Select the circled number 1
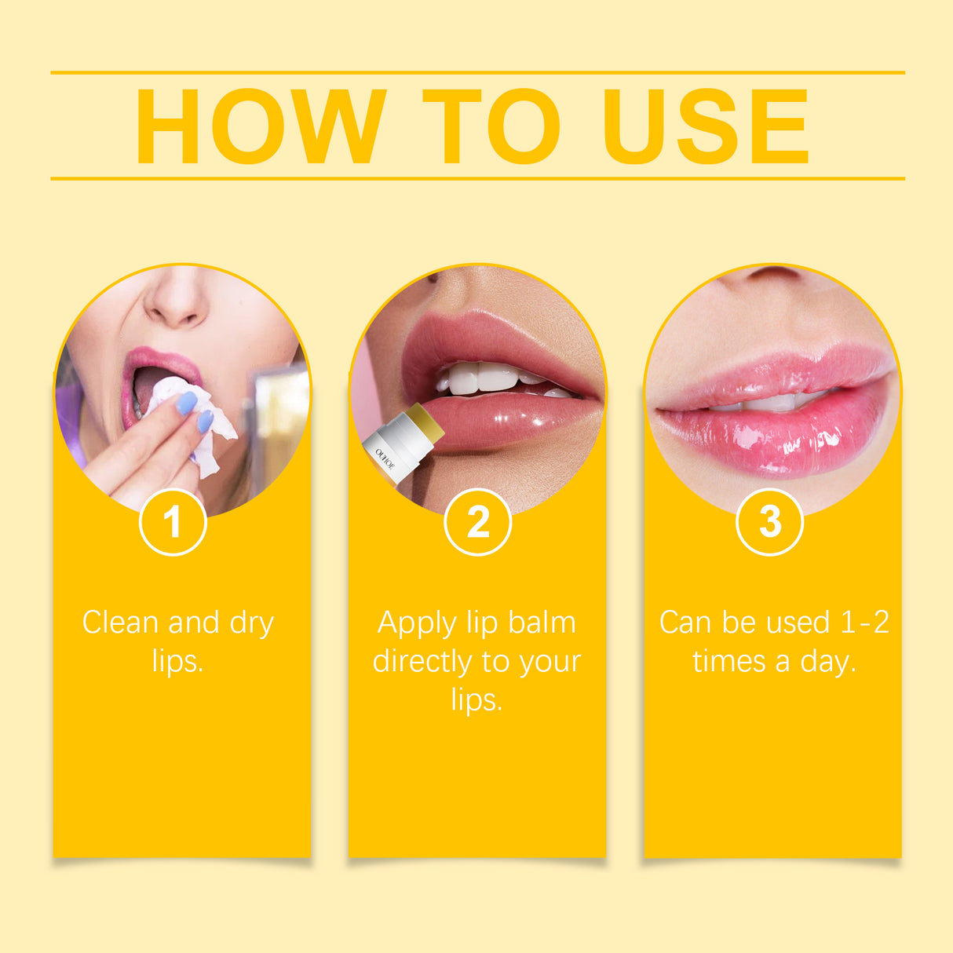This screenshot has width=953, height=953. [173, 522]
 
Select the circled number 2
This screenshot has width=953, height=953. [477, 522]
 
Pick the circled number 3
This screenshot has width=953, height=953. [770, 521]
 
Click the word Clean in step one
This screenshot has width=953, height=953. [121, 623]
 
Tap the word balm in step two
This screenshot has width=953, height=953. [542, 623]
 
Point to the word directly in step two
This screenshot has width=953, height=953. [421, 661]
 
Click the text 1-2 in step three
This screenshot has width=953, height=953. [864, 623]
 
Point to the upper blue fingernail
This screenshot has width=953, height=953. [186, 403]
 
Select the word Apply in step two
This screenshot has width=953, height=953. [417, 624]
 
